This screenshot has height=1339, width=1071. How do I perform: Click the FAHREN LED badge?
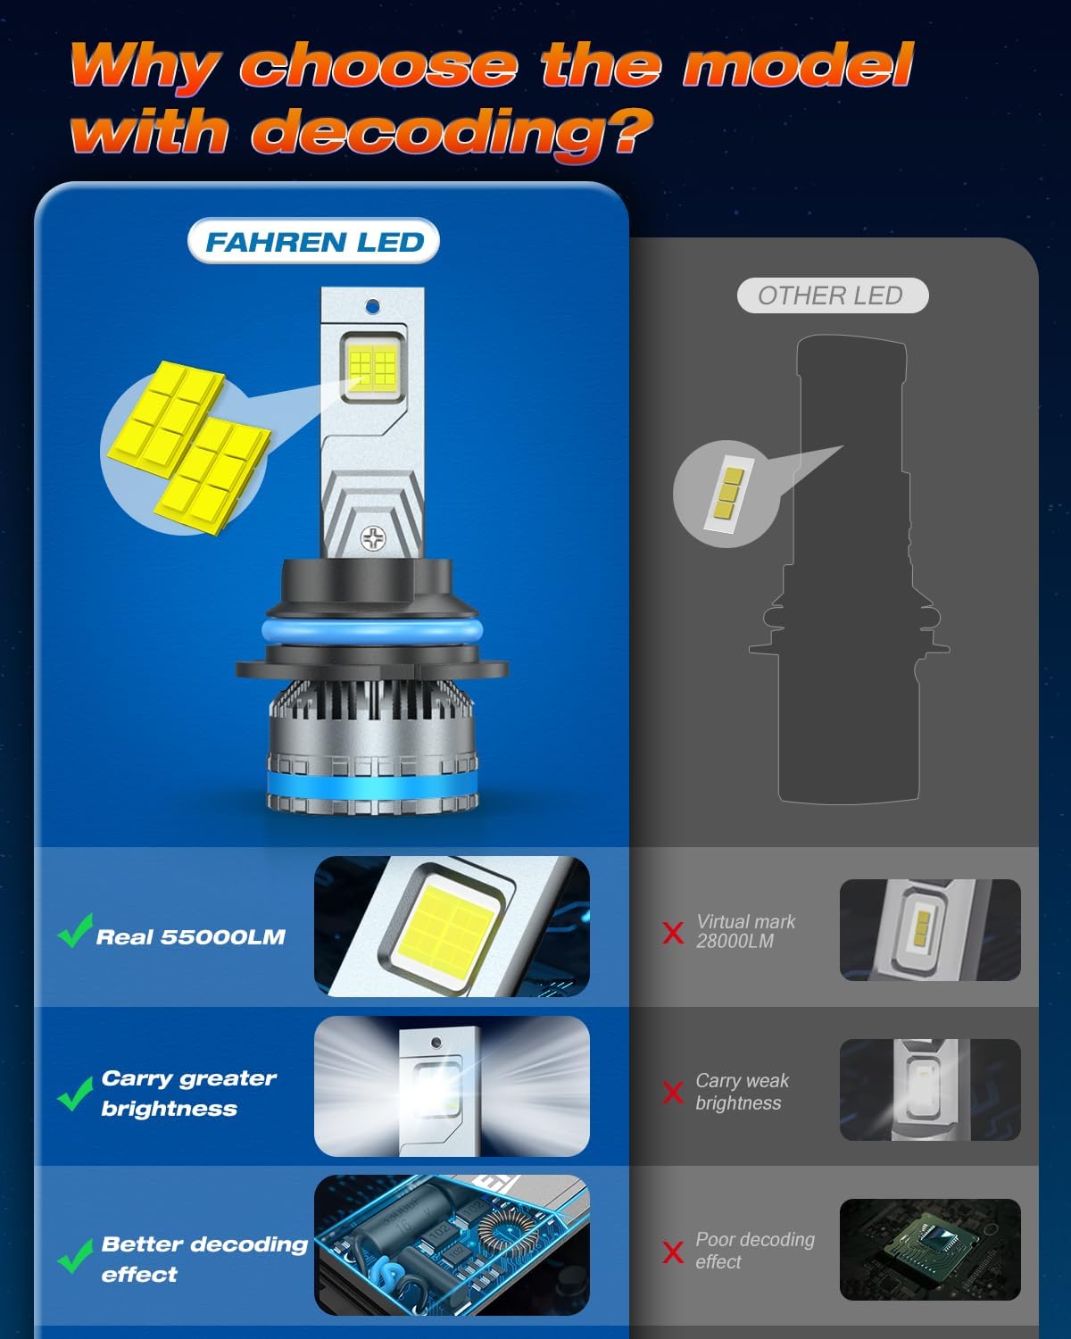(x=314, y=242)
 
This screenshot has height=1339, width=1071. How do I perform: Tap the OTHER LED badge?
(x=831, y=295)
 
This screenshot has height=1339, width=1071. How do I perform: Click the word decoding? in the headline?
(x=452, y=133)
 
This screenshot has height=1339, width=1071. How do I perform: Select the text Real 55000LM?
(x=190, y=937)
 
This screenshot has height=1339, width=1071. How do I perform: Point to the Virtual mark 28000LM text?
(x=745, y=931)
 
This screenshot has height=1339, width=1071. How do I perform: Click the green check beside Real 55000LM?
(x=75, y=931)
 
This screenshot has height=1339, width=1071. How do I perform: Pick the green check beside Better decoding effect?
(x=75, y=1256)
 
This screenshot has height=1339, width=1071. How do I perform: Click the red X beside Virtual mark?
(x=673, y=933)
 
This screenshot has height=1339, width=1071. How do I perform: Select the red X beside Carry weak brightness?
(x=673, y=1092)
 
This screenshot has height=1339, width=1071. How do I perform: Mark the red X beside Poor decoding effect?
(x=673, y=1252)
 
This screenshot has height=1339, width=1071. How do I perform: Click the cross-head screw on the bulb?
(x=372, y=537)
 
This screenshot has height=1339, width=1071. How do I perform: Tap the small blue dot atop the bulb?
(x=372, y=307)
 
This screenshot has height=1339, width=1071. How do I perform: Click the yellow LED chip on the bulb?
(x=372, y=366)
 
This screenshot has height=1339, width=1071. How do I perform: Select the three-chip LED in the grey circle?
(x=726, y=494)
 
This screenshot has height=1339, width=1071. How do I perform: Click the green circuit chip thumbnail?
(x=930, y=1249)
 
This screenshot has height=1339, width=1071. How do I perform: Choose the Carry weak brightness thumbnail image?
(x=930, y=1090)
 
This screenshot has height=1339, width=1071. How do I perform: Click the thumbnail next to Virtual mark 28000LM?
(x=930, y=930)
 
